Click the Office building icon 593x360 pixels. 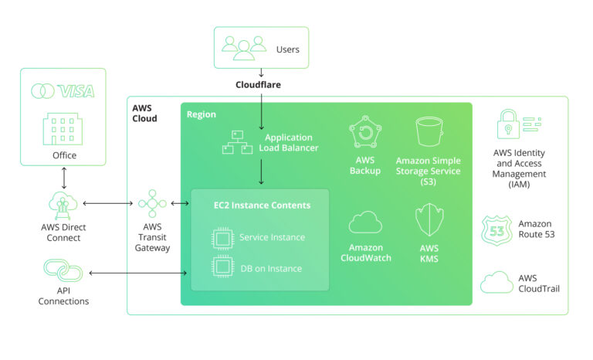63,128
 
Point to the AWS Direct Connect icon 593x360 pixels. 64,204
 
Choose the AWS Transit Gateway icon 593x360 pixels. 152,204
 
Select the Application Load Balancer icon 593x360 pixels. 238,141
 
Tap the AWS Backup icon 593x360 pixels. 364,133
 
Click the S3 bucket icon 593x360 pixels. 428,133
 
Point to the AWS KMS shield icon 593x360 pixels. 429,220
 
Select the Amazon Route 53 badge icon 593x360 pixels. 495,229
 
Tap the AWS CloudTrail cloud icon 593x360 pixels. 496,283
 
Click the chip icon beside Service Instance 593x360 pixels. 222,237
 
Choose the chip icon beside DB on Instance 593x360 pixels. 222,267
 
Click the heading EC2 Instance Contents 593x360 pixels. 262,205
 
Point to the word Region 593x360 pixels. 202,114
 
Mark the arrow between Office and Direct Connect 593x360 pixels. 63,177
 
